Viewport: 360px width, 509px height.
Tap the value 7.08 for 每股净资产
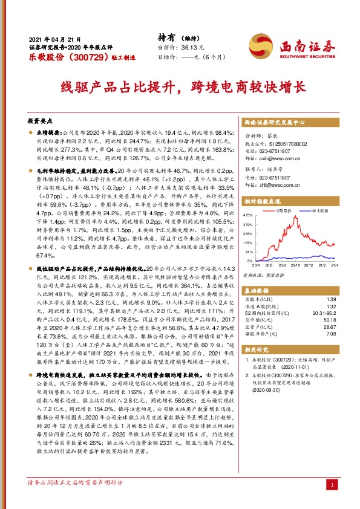tap(331, 334)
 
